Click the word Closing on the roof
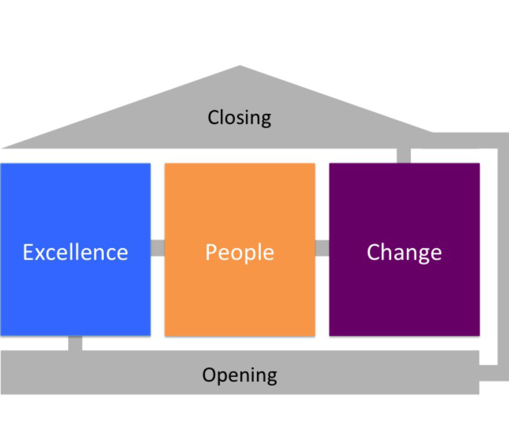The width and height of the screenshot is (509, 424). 239,118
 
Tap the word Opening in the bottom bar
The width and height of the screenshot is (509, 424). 240,375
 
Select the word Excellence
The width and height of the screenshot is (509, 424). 75,252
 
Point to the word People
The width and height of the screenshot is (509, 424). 240,253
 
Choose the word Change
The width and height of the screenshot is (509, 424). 404,253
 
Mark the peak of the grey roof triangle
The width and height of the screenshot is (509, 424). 240,67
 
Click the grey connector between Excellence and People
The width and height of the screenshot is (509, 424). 157,248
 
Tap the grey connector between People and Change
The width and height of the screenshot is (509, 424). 322,248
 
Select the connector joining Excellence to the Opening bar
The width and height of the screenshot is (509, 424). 75,343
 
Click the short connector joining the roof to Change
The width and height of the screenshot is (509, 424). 403,156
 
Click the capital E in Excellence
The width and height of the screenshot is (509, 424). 29,252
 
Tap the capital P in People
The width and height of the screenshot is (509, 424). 211,252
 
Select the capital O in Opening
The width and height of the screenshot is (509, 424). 209,375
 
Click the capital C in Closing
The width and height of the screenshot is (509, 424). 214,118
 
